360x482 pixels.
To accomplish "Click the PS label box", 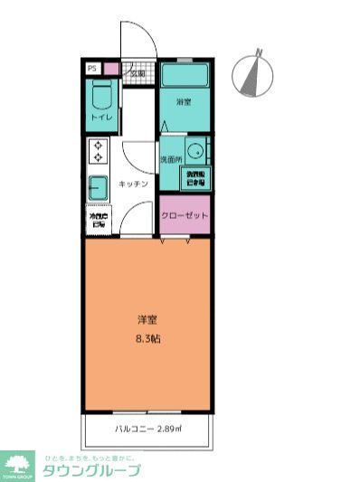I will click(x=92, y=68).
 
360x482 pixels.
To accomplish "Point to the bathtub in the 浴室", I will click(x=185, y=74).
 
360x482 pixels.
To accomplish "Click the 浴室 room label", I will click(x=184, y=102).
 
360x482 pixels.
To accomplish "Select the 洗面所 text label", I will click(x=171, y=160).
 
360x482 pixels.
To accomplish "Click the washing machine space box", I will click(x=196, y=177).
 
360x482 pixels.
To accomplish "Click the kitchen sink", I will click(x=98, y=190).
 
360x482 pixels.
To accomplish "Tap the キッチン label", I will click(x=133, y=184).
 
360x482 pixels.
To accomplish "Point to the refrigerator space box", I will click(x=98, y=220).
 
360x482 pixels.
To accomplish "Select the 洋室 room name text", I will click(x=148, y=320).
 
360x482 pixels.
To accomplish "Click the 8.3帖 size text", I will click(x=148, y=338).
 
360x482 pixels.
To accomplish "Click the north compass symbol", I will click(x=253, y=71).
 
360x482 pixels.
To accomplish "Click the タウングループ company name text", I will click(x=92, y=470).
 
